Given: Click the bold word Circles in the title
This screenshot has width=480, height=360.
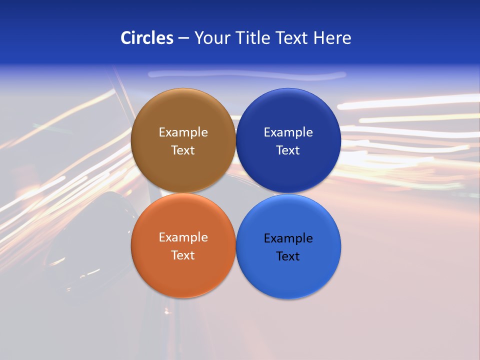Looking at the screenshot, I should (147, 38).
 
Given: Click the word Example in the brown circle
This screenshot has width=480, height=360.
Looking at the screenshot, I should (183, 132).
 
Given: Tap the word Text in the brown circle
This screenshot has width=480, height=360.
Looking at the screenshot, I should (183, 150).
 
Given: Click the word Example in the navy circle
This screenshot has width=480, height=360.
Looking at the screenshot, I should (288, 132).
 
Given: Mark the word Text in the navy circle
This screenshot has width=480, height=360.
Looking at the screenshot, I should (288, 150).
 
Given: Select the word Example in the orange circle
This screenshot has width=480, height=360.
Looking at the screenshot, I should (183, 237).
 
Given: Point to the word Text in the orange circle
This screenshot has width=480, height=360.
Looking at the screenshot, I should (183, 255).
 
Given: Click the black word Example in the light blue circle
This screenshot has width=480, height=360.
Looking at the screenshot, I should (288, 238).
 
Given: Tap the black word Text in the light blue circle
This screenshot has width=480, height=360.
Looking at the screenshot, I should (288, 256).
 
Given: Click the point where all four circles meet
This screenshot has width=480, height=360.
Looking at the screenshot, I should (235, 193).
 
